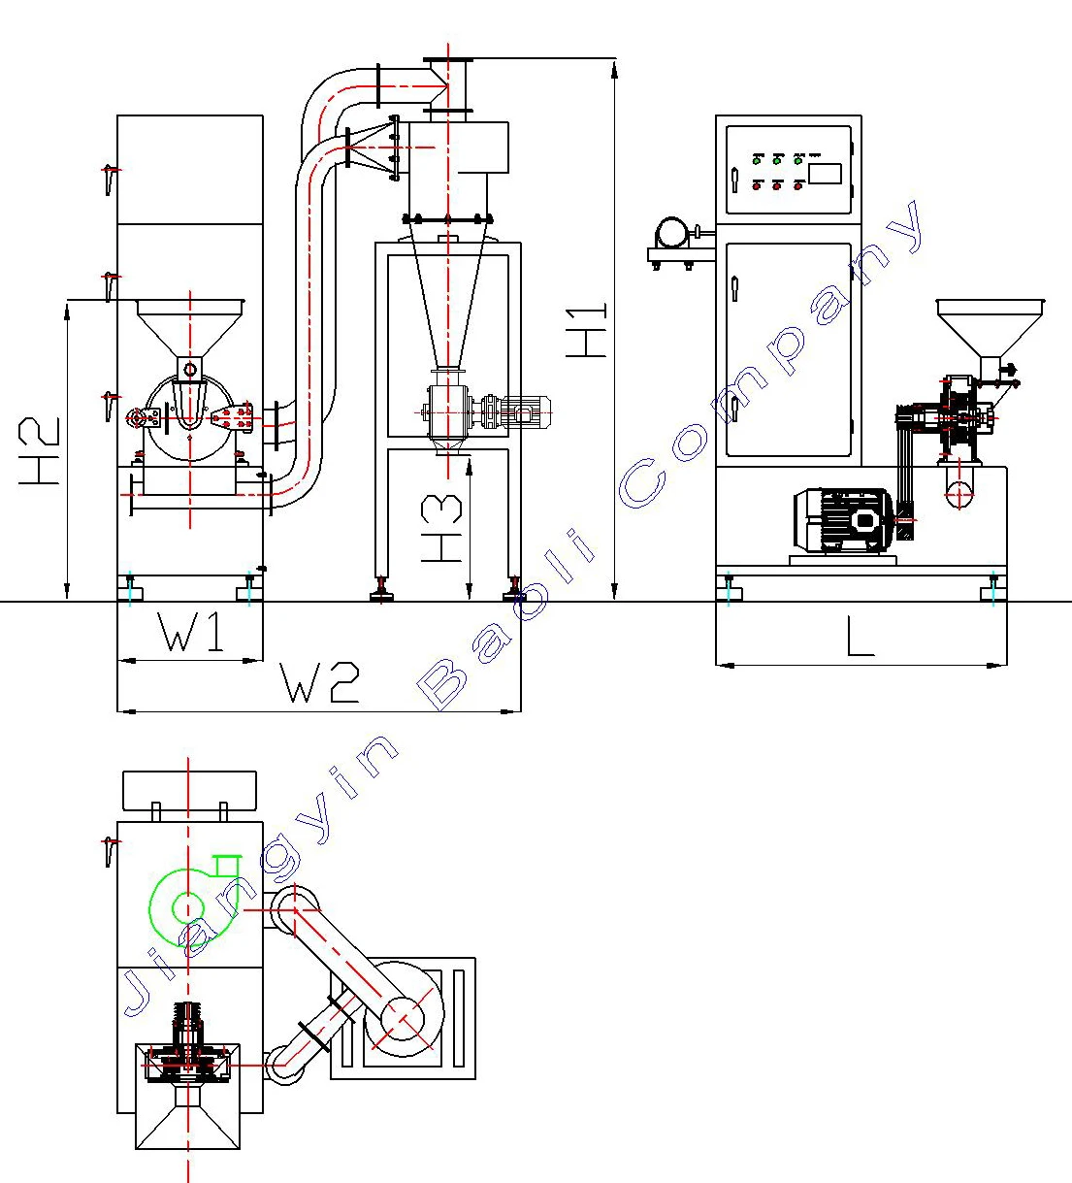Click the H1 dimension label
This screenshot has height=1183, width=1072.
(588, 330)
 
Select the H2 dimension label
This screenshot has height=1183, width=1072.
(41, 451)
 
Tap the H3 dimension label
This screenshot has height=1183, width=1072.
(442, 529)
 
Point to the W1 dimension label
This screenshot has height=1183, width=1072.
(191, 634)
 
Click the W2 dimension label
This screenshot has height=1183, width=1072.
(320, 682)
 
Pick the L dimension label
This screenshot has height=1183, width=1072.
(861, 638)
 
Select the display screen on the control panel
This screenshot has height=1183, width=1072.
(824, 174)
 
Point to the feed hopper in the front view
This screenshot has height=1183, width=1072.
(189, 326)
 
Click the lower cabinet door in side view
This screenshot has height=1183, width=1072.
(788, 349)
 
